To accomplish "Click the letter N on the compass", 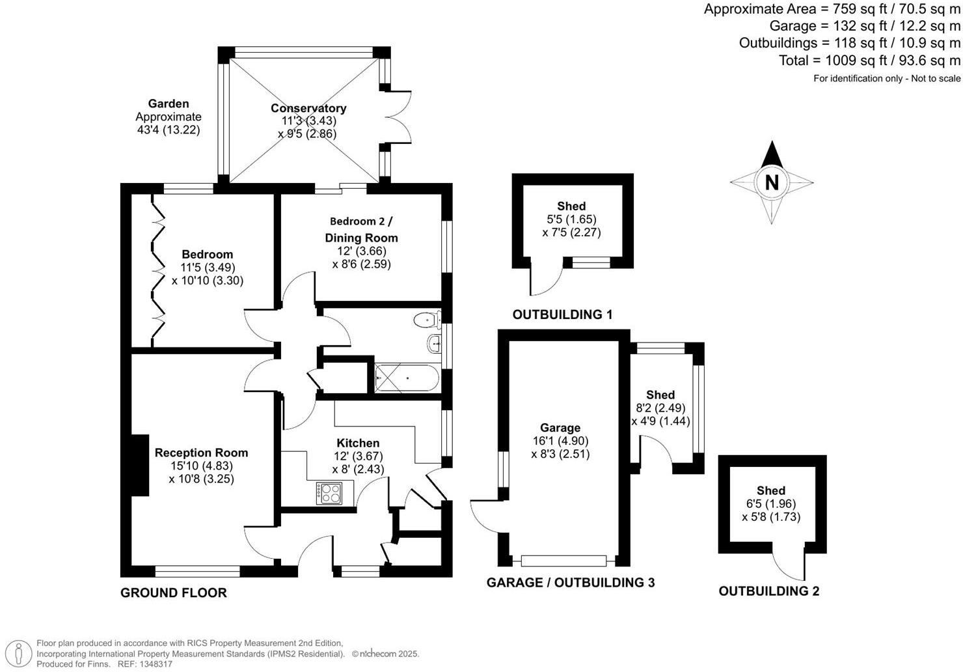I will [772, 182].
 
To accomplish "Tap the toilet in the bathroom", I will [426, 320].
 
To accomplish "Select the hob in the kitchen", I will [330, 492].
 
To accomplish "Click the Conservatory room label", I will [308, 108].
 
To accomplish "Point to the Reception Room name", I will [201, 453].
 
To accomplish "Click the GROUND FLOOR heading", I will [174, 593].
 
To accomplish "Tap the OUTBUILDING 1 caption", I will [562, 315].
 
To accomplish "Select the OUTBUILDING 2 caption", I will [768, 591].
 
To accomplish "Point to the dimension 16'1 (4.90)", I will [560, 441].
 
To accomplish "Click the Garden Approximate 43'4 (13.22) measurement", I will [168, 117].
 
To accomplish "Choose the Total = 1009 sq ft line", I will [869, 61].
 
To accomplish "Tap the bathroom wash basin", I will [435, 342].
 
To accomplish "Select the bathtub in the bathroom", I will [407, 377].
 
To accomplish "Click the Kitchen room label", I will [358, 443].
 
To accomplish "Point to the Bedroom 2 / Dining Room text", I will [361, 229].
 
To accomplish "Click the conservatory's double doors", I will [400, 117].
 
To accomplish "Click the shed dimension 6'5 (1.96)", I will [771, 504].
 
